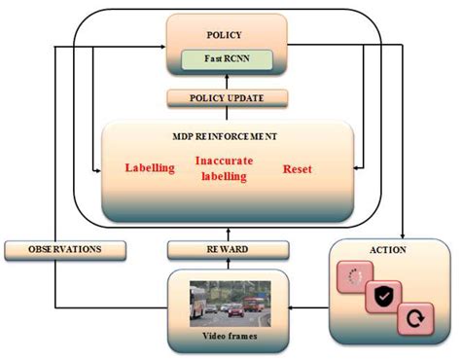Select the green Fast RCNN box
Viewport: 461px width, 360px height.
pos(226,58)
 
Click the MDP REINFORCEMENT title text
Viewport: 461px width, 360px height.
pos(226,136)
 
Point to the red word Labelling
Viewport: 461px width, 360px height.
pos(150,167)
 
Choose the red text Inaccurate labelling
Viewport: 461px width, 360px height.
pos(226,168)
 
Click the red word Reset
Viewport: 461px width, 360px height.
pos(298,168)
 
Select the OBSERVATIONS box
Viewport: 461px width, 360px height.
pos(66,250)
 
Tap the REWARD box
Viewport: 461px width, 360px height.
pos(226,250)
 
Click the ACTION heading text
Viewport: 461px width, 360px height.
pos(389,250)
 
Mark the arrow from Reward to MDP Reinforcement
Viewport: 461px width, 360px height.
pos(226,232)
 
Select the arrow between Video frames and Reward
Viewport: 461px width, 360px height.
pos(226,266)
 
